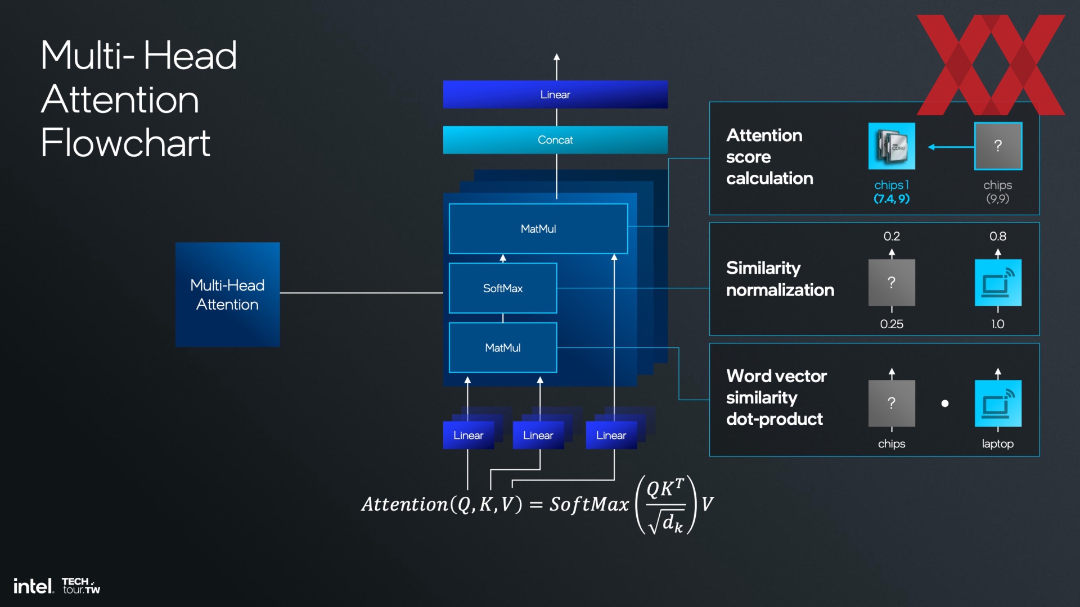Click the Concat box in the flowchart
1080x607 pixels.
(555, 140)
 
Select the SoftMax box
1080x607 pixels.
(503, 288)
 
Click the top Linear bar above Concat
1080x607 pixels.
(555, 94)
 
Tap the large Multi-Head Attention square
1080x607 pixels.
(227, 295)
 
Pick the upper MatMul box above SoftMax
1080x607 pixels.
(538, 229)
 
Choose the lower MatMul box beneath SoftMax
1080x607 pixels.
(503, 348)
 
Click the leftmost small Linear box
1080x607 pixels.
(469, 436)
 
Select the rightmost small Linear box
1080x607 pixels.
(611, 436)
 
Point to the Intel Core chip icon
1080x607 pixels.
(892, 146)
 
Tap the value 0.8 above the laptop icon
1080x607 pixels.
(998, 237)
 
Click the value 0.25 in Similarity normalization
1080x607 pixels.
(892, 324)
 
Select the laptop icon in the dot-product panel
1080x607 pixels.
(998, 404)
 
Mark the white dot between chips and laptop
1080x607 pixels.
(945, 404)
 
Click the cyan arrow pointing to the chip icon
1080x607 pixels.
(951, 147)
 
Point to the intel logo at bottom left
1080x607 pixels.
(34, 586)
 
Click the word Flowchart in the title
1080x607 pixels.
(125, 143)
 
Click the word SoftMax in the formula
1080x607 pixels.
(589, 504)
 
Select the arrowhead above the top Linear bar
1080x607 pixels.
(556, 57)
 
